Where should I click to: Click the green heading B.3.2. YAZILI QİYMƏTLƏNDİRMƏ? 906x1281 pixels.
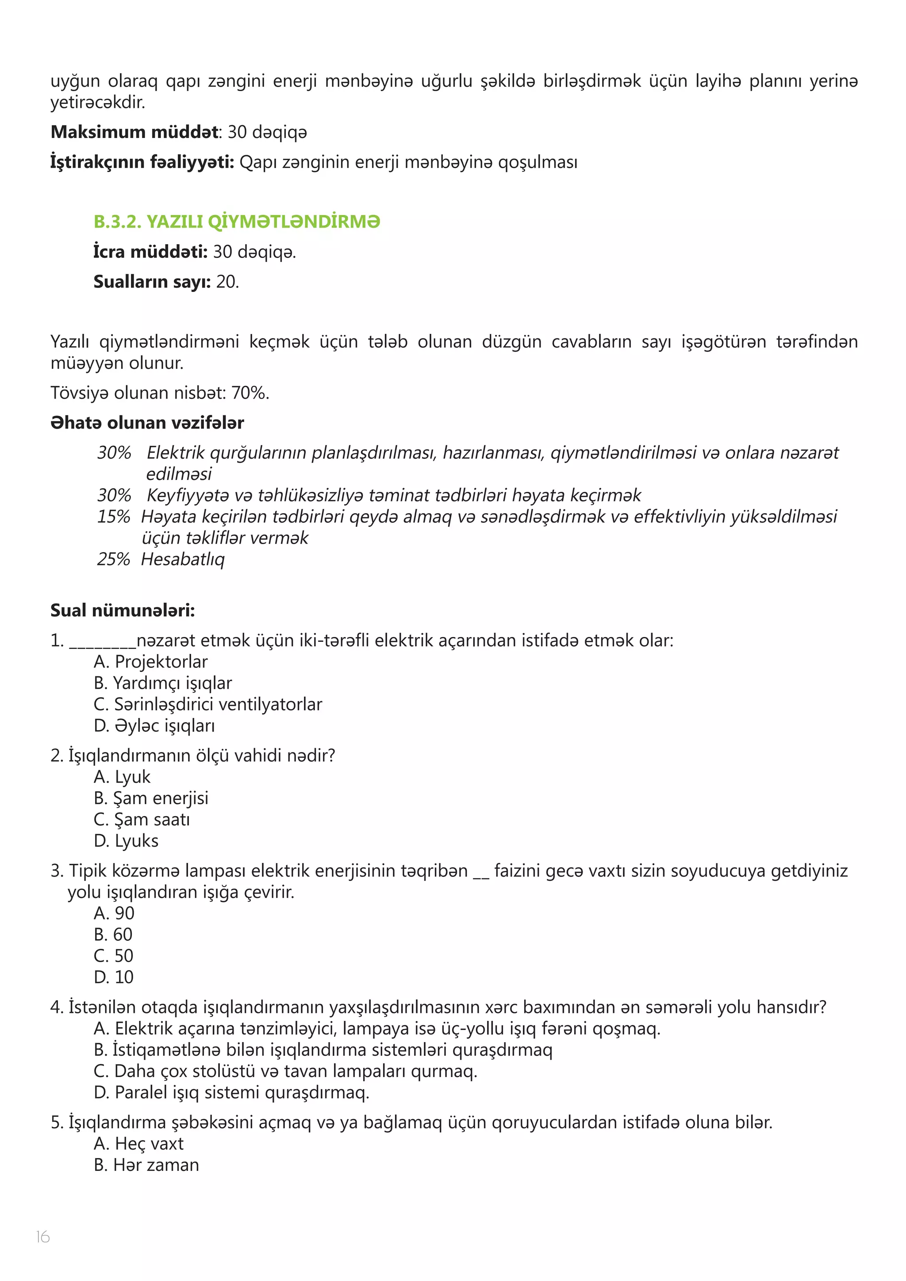237,222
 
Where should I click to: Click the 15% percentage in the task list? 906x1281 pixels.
113,517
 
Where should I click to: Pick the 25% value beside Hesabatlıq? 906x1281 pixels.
113,559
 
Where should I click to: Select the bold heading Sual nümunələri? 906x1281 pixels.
123,610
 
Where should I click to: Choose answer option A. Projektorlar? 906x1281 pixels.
150,662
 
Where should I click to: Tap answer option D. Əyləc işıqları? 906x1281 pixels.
154,725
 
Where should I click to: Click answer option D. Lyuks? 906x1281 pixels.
126,841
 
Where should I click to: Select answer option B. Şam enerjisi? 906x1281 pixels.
150,798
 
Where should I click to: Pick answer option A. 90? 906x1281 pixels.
114,913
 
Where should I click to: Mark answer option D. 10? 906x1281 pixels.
114,977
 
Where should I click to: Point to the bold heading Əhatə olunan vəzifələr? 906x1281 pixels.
147,423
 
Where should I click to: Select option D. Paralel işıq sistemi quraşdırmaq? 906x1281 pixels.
231,1093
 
